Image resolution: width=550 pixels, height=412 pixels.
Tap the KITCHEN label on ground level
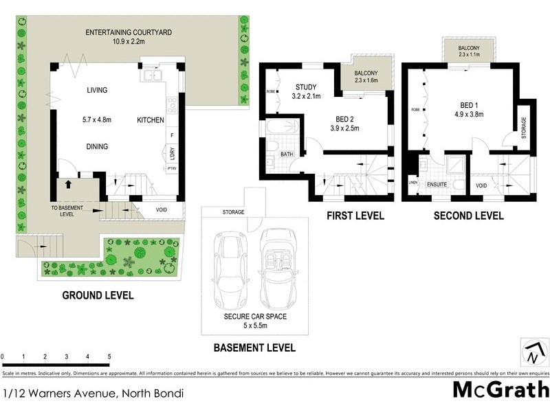[x=151, y=120]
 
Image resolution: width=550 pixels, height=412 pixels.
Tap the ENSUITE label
[x=437, y=185]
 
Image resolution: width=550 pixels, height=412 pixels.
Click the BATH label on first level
[x=287, y=155]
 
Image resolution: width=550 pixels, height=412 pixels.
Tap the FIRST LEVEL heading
[x=355, y=216]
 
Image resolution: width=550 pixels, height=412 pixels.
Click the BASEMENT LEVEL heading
[x=254, y=348]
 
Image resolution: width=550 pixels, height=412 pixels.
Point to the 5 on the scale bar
[x=109, y=357]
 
